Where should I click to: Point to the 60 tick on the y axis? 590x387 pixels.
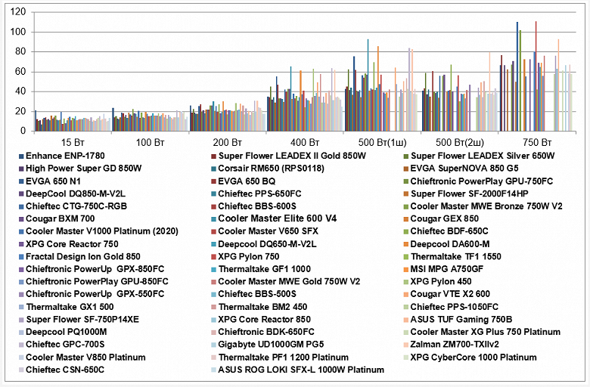[x=20, y=72]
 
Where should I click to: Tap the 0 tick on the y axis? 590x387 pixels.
[x=23, y=131]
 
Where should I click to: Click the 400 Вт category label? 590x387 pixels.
[x=301, y=141]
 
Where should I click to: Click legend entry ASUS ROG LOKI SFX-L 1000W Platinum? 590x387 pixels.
[x=301, y=370]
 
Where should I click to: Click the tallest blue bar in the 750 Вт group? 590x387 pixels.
[x=517, y=76]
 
